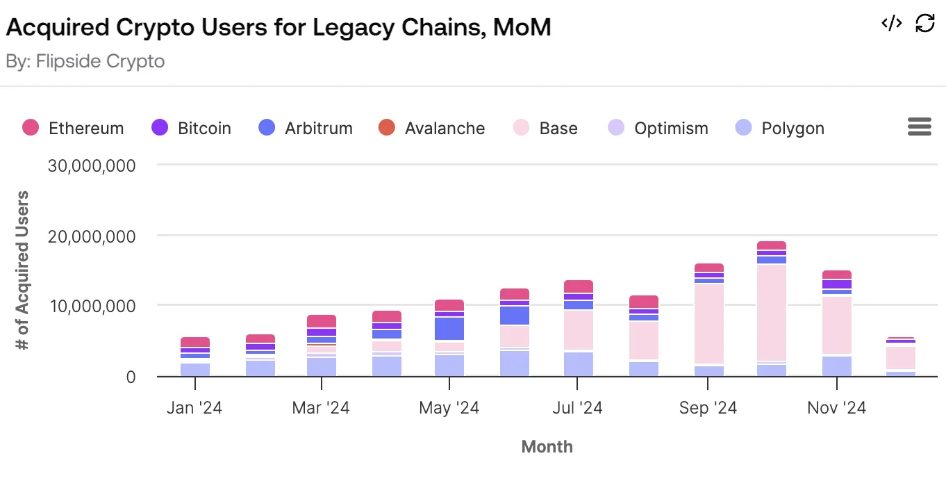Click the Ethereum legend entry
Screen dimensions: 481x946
[73, 129]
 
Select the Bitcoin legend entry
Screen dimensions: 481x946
[191, 129]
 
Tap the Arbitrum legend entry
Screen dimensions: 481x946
[305, 129]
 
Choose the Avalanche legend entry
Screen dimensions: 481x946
[431, 129]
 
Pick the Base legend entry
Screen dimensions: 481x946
[545, 129]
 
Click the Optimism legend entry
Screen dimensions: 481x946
[658, 129]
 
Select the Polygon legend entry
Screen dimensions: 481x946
[779, 129]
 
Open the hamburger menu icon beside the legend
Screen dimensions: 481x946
[919, 127]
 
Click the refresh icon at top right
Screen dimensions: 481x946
[925, 23]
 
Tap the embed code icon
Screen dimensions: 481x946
[892, 23]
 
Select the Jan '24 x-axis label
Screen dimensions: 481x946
[194, 408]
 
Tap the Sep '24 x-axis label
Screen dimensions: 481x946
[708, 408]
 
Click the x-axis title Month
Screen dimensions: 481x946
[547, 446]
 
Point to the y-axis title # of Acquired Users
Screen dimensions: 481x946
[24, 270]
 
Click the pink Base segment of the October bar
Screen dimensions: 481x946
[772, 313]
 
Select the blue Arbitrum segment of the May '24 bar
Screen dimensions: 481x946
[449, 329]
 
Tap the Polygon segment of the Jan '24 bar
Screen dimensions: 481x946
[195, 370]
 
